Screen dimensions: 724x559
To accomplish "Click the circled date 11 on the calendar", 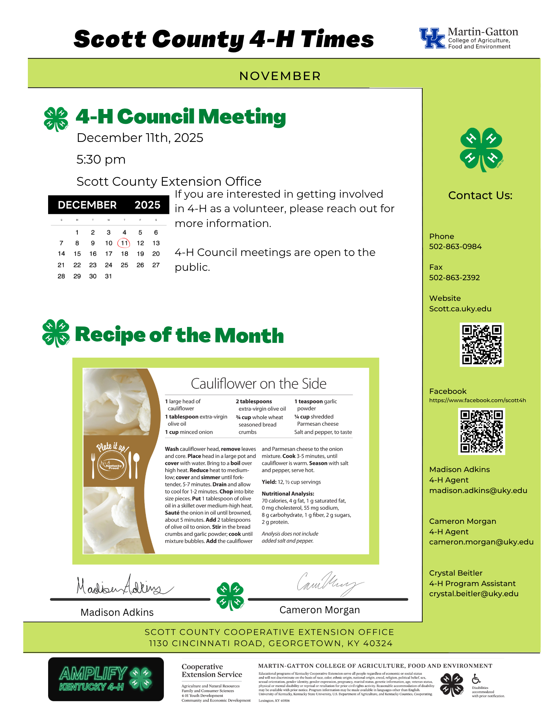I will click(x=124, y=243).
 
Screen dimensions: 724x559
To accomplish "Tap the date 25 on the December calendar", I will click(x=124, y=265).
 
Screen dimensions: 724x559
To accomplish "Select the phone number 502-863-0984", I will click(x=455, y=247).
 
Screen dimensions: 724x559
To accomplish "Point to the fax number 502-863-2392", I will click(x=454, y=278).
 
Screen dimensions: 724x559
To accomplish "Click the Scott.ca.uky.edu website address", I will click(x=460, y=309).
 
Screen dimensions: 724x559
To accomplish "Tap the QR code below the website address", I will click(x=482, y=345).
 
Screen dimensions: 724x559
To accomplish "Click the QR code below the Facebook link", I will click(x=482, y=431).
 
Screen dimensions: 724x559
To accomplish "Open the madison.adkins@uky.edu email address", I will click(x=478, y=491).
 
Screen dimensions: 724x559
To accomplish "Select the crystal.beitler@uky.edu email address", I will click(x=474, y=594).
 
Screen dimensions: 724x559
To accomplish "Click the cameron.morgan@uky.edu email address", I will click(x=481, y=542).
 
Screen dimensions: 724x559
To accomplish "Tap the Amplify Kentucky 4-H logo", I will click(x=106, y=679).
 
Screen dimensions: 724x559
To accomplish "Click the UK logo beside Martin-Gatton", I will click(x=432, y=38).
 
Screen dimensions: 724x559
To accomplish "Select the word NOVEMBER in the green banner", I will click(x=280, y=76).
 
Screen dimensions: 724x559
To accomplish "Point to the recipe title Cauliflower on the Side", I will click(x=258, y=384).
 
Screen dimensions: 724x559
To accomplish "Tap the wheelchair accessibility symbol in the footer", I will click(x=476, y=678).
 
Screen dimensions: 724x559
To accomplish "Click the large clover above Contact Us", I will click(x=481, y=149).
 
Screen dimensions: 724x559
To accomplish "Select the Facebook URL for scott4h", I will click(x=477, y=400).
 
